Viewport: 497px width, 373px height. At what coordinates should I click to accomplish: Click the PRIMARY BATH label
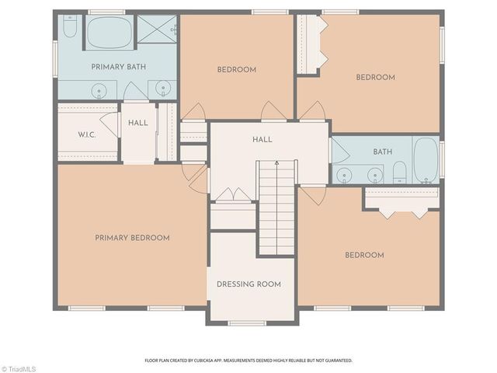[119, 66]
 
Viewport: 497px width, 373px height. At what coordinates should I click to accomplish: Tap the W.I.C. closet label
[87, 134]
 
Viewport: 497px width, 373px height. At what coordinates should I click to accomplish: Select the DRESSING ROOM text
[248, 284]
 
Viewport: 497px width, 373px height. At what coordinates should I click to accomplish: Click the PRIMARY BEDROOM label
[132, 238]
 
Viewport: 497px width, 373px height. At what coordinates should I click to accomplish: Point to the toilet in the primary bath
[69, 30]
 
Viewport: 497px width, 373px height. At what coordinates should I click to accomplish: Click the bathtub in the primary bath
[109, 32]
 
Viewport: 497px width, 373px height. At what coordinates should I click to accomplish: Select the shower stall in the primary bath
[158, 30]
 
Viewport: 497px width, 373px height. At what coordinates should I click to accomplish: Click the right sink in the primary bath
[162, 91]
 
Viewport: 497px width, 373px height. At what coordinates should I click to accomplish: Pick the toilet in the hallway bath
[398, 172]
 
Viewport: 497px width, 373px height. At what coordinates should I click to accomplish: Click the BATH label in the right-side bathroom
[382, 152]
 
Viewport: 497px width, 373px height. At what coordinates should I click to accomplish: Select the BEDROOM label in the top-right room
[375, 77]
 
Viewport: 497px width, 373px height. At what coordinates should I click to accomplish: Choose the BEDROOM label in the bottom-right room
[363, 255]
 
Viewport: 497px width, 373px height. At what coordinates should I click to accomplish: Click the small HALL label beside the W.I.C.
[137, 123]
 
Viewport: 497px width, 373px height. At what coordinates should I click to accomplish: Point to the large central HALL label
[262, 139]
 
